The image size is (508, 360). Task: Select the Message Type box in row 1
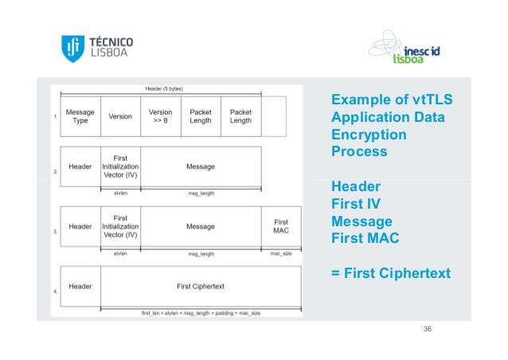(x=80, y=116)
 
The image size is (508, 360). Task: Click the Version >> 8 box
(x=161, y=116)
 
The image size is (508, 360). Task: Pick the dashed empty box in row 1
(x=272, y=116)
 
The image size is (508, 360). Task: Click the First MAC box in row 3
(x=281, y=227)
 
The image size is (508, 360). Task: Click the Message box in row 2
(x=201, y=166)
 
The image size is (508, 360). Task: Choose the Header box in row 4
(x=80, y=285)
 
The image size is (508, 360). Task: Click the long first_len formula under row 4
(x=200, y=313)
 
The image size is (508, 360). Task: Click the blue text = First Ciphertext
(x=390, y=274)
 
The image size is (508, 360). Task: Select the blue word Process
(x=359, y=151)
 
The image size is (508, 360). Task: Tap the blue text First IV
(x=357, y=204)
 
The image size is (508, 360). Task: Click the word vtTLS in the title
(x=429, y=101)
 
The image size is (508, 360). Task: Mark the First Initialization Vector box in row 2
(x=120, y=166)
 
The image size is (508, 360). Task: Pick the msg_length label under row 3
(x=201, y=253)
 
